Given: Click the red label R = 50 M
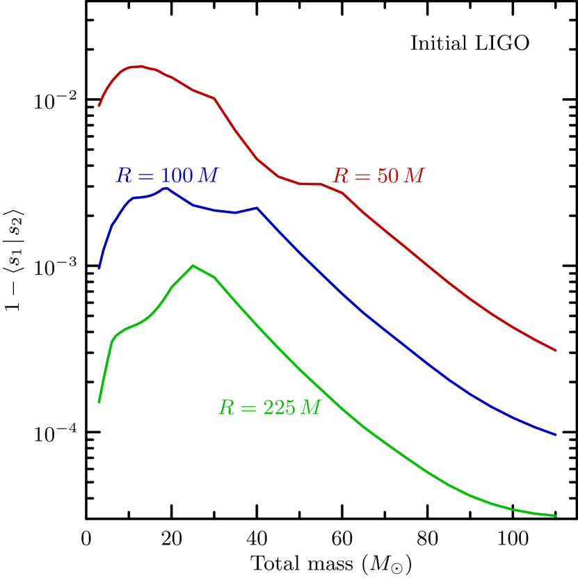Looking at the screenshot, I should click(378, 177).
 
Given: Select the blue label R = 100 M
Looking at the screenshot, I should click(167, 175).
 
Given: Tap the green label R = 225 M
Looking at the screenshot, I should click(269, 408).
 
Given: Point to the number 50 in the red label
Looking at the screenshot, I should click(387, 177).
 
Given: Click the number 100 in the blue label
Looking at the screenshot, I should click(177, 175).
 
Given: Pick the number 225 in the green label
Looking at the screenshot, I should click(279, 408).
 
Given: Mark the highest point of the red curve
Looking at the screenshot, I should click(141, 66).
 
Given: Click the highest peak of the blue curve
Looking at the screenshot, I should click(166, 187).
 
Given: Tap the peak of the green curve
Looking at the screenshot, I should click(193, 266).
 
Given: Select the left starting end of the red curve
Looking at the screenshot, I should click(99, 106).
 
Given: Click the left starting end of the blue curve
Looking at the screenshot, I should click(99, 268).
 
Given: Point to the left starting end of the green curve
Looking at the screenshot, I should click(99, 402).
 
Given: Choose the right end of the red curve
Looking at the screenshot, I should click(556, 351).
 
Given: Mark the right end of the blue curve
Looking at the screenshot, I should click(556, 435).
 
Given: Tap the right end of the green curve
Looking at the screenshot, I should click(556, 515).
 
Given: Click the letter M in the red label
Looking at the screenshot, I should click(414, 177).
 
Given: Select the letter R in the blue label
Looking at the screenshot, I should click(124, 175).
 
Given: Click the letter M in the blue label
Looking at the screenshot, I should click(208, 175).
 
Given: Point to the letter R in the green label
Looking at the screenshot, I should click(226, 408).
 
